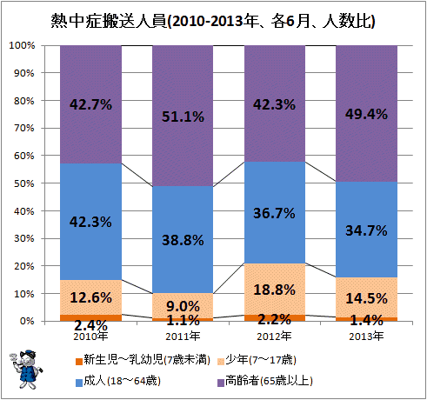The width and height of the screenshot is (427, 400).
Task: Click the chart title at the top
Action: point(213,21)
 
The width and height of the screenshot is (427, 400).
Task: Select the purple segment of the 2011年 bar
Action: point(183,116)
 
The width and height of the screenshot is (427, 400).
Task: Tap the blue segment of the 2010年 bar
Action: point(90,222)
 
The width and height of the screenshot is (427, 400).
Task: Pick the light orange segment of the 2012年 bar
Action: point(275,289)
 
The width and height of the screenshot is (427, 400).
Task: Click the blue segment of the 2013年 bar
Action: point(366,230)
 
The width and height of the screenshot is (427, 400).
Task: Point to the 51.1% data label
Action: point(183,117)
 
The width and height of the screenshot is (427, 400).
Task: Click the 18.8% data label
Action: point(275,290)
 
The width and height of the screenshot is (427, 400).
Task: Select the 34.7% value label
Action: point(366,230)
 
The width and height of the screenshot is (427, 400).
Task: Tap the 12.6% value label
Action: point(90,297)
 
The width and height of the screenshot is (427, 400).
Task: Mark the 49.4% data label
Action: point(366,114)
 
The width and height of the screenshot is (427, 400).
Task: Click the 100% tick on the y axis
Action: point(22,45)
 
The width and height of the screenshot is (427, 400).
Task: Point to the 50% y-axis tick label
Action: point(24,183)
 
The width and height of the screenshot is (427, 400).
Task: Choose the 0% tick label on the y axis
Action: point(27,321)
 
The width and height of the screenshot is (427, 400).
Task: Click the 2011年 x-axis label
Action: point(183,337)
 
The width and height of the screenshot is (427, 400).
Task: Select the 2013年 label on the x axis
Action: point(366,337)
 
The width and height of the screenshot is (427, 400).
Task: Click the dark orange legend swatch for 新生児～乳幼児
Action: point(79,362)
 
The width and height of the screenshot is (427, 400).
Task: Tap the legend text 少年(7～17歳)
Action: point(261,360)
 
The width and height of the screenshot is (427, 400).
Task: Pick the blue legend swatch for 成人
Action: point(79,383)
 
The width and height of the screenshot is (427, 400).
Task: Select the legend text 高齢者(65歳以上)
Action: point(269,381)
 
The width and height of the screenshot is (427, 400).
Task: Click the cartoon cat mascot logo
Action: point(25,369)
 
